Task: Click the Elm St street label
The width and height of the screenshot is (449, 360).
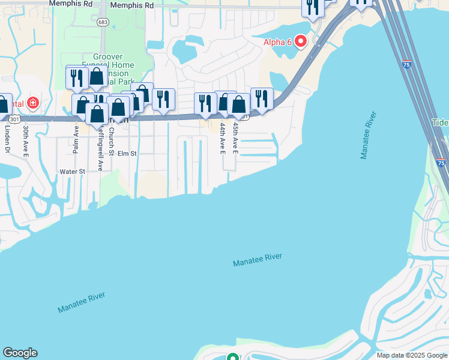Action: (x=127, y=154)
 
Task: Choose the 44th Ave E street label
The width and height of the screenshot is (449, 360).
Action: (x=222, y=137)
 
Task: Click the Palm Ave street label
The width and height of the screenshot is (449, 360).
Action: (x=76, y=139)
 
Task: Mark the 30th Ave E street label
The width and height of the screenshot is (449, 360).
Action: (x=26, y=141)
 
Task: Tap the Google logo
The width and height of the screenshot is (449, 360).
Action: (x=20, y=353)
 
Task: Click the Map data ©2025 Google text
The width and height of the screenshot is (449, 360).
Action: (x=411, y=355)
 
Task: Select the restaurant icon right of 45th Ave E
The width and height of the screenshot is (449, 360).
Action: (x=262, y=98)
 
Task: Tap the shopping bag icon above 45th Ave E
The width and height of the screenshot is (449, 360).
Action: (x=238, y=104)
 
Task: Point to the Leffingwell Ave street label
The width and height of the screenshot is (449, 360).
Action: (x=101, y=148)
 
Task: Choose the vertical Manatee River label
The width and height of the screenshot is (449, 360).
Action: (x=368, y=134)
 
